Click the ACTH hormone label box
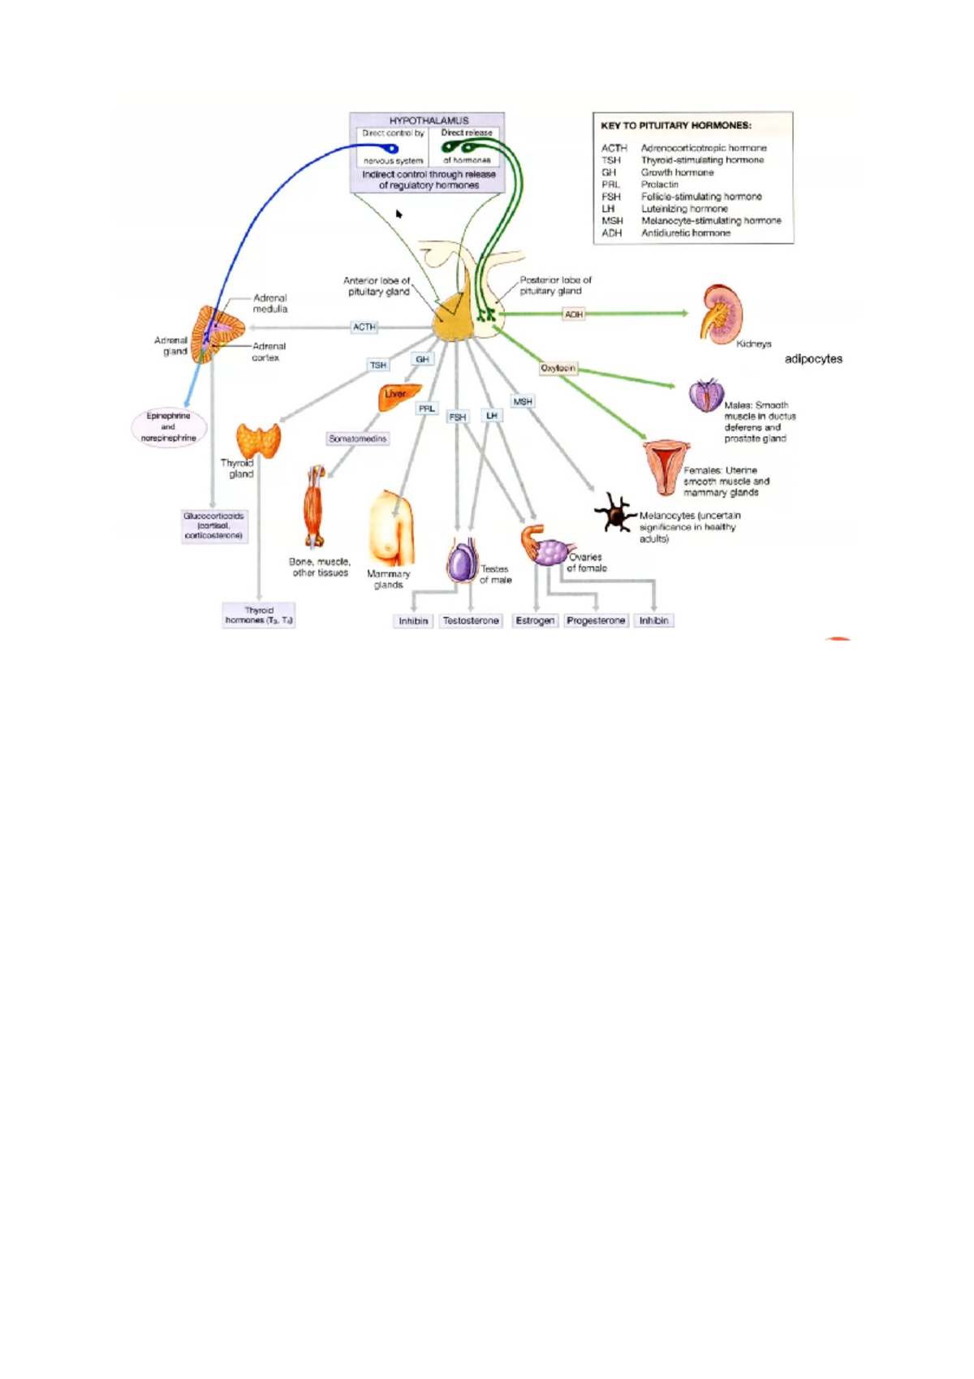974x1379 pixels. pos(364,326)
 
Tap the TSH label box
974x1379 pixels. pos(378,365)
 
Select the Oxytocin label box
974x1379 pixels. pos(558,368)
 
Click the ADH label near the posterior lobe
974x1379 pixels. pos(574,313)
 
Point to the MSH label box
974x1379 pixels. pos(523,401)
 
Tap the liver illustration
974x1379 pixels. pos(399,396)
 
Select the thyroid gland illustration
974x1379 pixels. pos(258,441)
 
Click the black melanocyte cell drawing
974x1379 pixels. pos(615,513)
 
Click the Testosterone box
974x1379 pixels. pos(471,620)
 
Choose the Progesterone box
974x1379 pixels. pos(596,620)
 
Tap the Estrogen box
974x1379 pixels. pos(535,620)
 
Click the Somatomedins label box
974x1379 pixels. pos(358,439)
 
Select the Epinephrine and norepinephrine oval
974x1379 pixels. pos(169,426)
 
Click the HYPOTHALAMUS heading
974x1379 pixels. pos(429,120)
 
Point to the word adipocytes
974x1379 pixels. pos(813,358)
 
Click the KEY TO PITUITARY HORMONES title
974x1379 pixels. pos(675,126)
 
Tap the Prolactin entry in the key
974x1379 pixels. pos(659,184)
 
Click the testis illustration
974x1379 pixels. pos(462,561)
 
